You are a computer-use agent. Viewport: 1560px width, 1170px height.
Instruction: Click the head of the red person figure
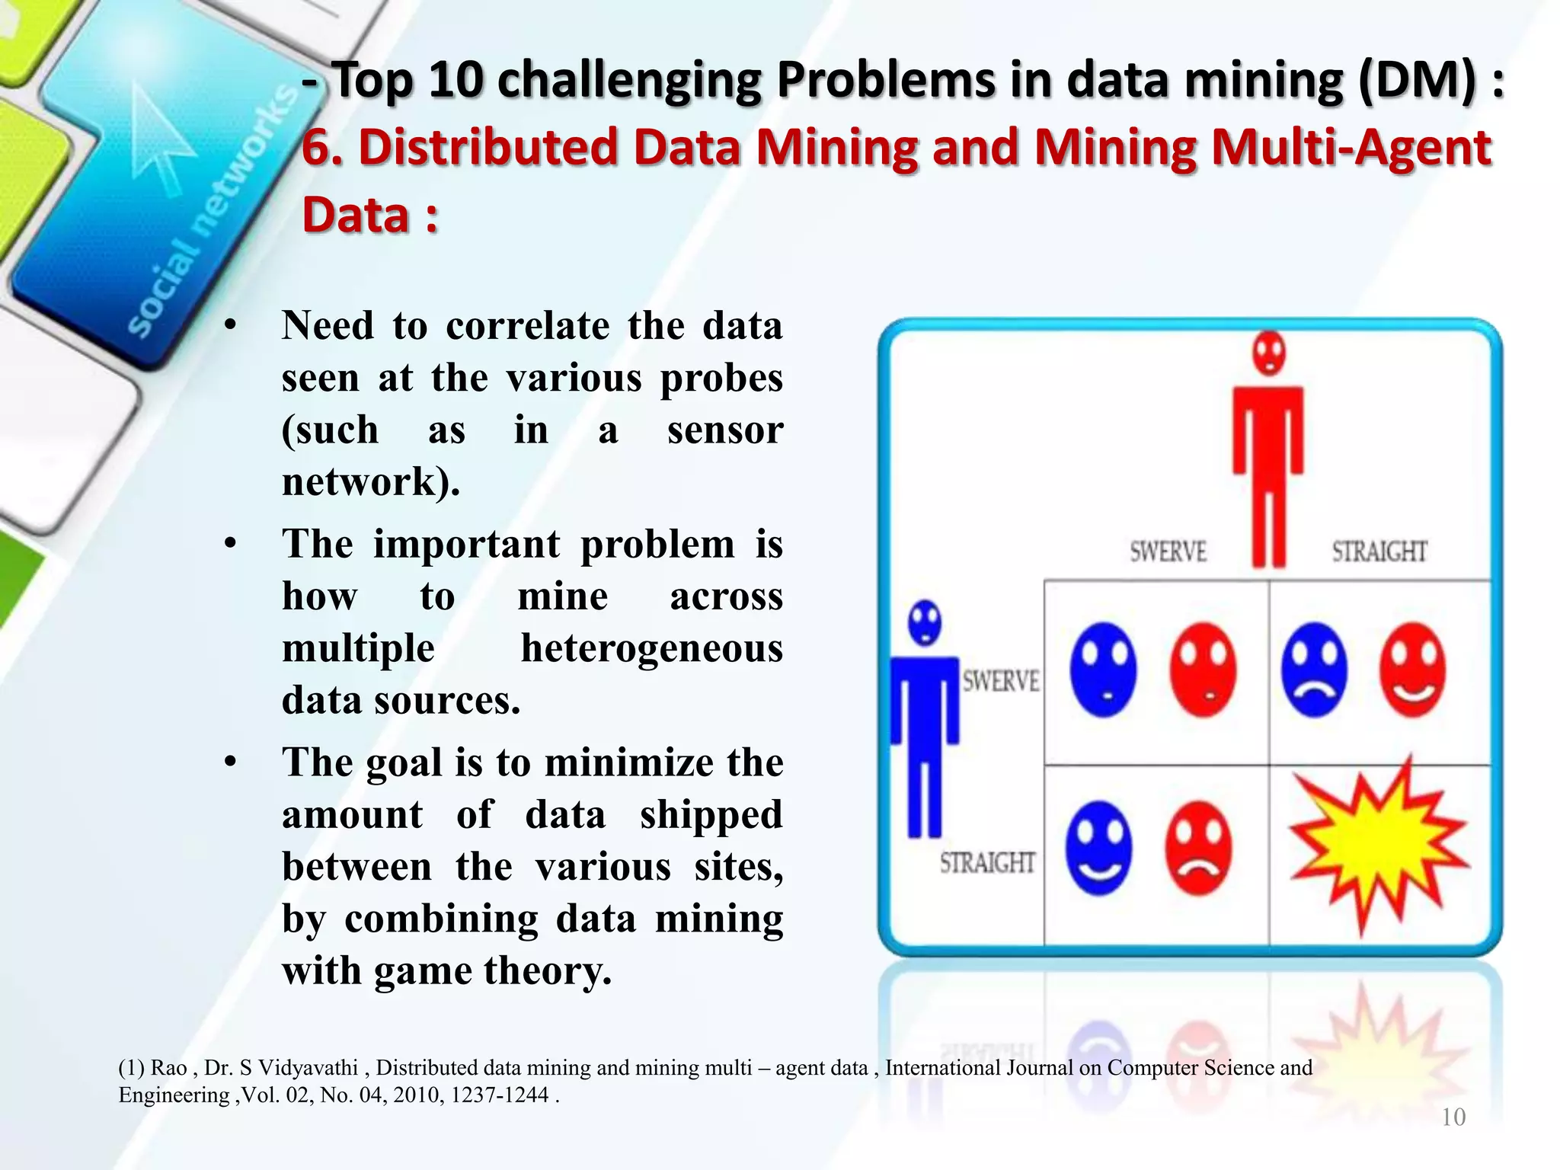1269,353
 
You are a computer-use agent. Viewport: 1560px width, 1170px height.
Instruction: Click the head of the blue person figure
925,622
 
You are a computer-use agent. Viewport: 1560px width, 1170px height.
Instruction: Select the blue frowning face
1315,670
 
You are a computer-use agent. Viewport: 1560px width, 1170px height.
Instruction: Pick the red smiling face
1413,670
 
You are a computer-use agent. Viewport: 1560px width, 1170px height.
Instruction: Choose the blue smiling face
1098,848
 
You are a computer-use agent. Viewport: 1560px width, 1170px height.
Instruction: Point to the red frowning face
1199,848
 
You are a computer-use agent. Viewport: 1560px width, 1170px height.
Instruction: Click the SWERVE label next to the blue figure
1000,680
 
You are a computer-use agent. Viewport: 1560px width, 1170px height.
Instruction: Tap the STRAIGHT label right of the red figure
1379,551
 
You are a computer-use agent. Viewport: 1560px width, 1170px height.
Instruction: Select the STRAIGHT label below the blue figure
987,862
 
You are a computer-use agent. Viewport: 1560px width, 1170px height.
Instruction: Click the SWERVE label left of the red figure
1168,551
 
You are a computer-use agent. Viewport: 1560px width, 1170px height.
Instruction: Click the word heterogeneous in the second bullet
651,649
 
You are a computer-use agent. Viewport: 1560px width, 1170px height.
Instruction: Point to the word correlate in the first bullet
527,326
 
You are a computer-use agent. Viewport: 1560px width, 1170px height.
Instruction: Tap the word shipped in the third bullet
711,815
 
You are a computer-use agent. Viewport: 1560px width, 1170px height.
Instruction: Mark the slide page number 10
1453,1117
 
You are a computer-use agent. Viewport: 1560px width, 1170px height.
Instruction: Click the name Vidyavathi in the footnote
310,1068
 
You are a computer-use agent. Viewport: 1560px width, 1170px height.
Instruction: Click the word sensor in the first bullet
724,430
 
